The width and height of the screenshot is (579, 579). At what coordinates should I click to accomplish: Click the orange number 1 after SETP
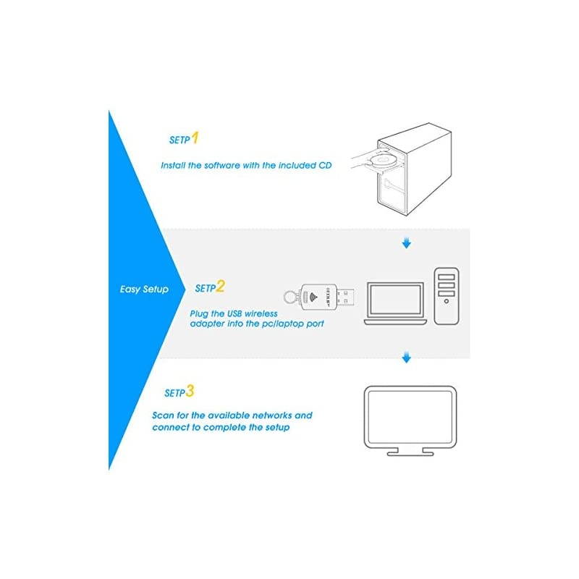click(195, 138)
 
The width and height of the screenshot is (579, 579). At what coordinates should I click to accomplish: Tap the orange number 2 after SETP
click(220, 287)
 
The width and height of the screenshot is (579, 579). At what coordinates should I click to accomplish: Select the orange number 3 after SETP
click(190, 392)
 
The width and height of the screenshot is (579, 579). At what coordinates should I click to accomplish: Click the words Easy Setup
click(144, 289)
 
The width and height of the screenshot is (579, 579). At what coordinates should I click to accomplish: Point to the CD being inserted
click(383, 159)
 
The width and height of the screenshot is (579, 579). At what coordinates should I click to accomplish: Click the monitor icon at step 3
click(410, 418)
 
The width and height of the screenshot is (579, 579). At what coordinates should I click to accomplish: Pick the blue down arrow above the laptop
click(406, 243)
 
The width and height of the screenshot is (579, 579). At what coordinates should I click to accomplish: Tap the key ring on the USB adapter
click(289, 297)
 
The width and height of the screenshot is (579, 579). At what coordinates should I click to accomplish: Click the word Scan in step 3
click(164, 415)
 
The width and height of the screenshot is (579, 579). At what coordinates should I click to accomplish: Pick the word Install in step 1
click(173, 165)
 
